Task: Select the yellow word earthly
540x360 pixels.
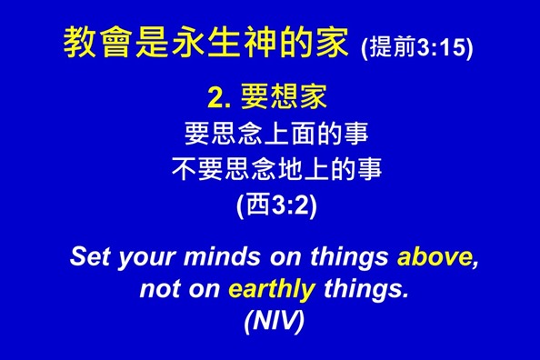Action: coord(272,290)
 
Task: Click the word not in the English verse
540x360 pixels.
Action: coord(159,290)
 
